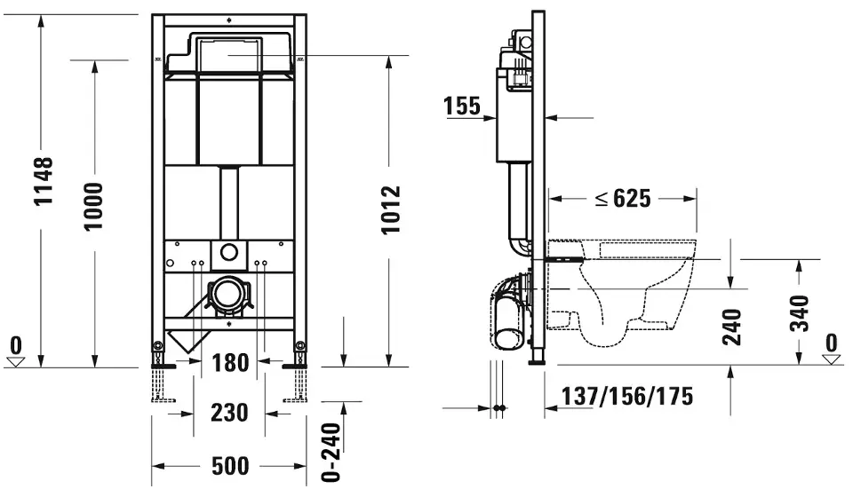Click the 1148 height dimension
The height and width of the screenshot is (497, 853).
(x=44, y=181)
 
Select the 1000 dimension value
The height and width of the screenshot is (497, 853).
(x=93, y=207)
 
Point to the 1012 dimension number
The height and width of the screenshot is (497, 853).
(x=391, y=209)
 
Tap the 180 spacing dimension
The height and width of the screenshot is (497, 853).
(x=230, y=363)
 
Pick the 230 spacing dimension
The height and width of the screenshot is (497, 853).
(x=229, y=413)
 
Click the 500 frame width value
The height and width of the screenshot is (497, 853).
(x=230, y=466)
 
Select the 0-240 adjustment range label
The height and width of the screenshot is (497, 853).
(x=331, y=452)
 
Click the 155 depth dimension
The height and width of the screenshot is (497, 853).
(x=462, y=106)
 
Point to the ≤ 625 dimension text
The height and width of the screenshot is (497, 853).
(x=623, y=198)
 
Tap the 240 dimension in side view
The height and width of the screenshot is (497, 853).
(x=731, y=327)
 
